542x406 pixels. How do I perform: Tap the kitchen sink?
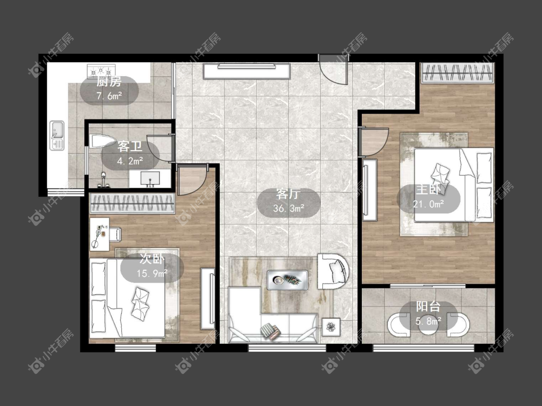click(x=57, y=135)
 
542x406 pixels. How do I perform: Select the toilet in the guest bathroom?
click(x=102, y=141)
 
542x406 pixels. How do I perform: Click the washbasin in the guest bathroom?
click(x=150, y=179)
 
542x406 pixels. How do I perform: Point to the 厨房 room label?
click(x=109, y=82)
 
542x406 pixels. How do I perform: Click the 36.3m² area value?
click(x=288, y=209)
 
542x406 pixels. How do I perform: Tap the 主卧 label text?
click(x=428, y=190)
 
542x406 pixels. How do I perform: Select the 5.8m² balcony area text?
click(x=428, y=321)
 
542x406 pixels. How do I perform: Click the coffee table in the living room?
click(x=287, y=279)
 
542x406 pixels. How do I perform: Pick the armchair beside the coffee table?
click(x=333, y=271)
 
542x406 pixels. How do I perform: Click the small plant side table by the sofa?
click(x=331, y=327)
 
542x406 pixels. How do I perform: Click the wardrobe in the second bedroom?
click(x=132, y=203)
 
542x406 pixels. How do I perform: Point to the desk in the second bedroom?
click(x=100, y=234)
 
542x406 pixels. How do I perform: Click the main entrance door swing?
click(x=333, y=71)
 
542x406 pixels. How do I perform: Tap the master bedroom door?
click(x=374, y=142)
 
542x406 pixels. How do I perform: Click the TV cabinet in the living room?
click(x=246, y=71)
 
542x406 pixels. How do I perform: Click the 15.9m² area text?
click(x=152, y=274)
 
